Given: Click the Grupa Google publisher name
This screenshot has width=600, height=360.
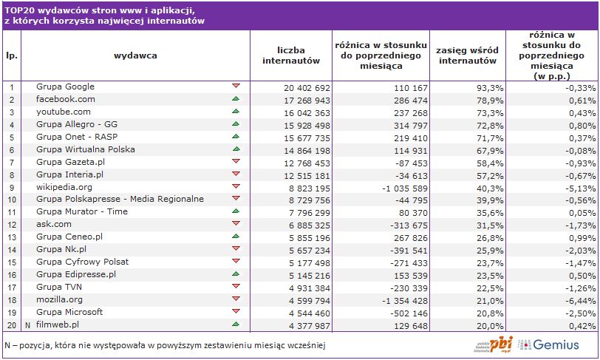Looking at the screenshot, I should coord(65,87).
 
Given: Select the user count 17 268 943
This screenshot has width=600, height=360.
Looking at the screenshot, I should coord(306,99).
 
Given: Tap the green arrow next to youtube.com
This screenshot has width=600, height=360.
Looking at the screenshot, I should coord(236,112).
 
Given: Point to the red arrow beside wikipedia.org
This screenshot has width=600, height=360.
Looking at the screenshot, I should coord(236,186).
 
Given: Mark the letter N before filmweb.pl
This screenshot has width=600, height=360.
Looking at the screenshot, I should coord(28,325).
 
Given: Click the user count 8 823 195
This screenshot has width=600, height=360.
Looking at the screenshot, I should coord(306,187).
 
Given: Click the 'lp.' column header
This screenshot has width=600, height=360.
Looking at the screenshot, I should coord(12,55).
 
